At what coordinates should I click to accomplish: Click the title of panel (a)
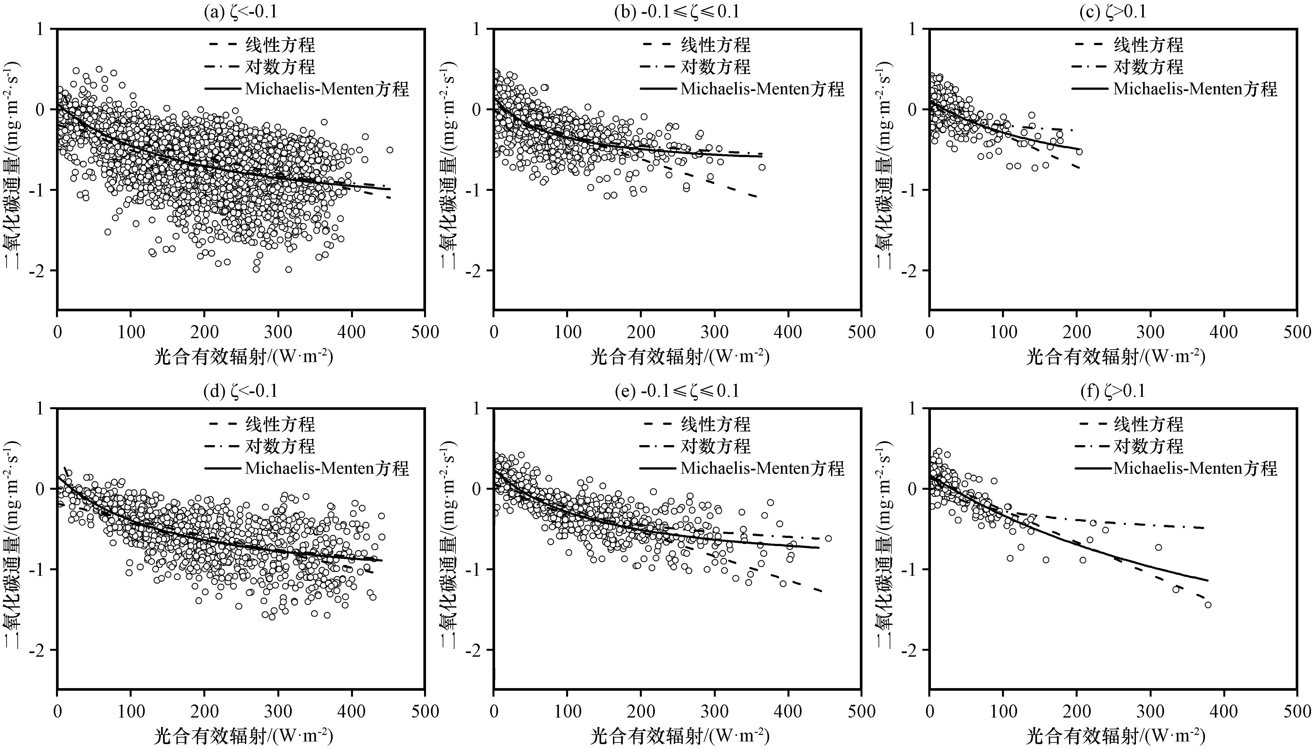[241, 11]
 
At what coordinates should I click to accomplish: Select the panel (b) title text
[676, 11]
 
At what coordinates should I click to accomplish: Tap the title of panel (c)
[1113, 11]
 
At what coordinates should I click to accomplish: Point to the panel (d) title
[241, 391]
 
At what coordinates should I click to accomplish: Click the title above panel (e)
[676, 391]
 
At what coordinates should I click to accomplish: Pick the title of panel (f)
[1113, 391]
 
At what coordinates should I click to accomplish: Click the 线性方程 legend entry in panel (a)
[280, 45]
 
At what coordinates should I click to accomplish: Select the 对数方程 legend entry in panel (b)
[716, 67]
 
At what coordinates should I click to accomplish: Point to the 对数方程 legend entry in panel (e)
[716, 446]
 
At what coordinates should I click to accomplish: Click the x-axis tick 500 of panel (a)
[425, 332]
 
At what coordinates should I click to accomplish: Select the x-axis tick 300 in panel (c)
[1150, 332]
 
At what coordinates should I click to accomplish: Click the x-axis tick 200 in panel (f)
[1077, 711]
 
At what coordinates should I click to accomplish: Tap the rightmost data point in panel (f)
[1208, 604]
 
